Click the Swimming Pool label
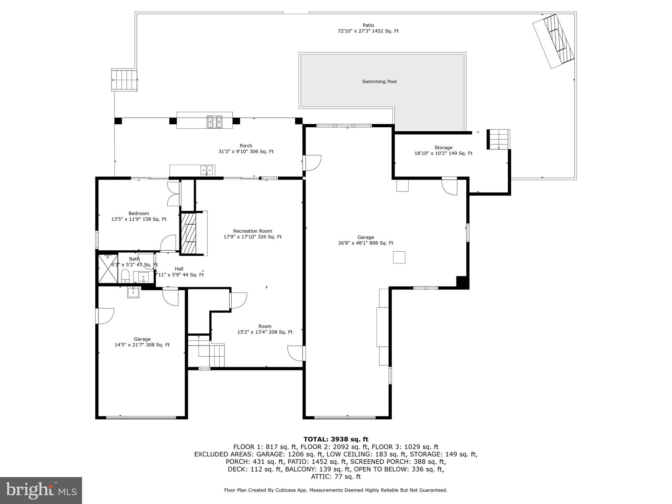(x=379, y=82)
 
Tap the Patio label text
(x=368, y=25)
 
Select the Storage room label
(x=443, y=148)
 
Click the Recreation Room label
(x=252, y=231)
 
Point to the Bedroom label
(x=138, y=214)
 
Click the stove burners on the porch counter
(x=214, y=122)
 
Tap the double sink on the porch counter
(x=207, y=170)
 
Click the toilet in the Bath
(x=125, y=276)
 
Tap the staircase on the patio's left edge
(x=124, y=80)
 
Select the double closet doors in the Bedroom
(x=174, y=194)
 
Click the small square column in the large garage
(x=399, y=257)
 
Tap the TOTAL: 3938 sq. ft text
(x=336, y=439)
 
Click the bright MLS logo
(x=41, y=490)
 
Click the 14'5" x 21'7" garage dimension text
(x=142, y=345)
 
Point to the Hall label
(x=179, y=269)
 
